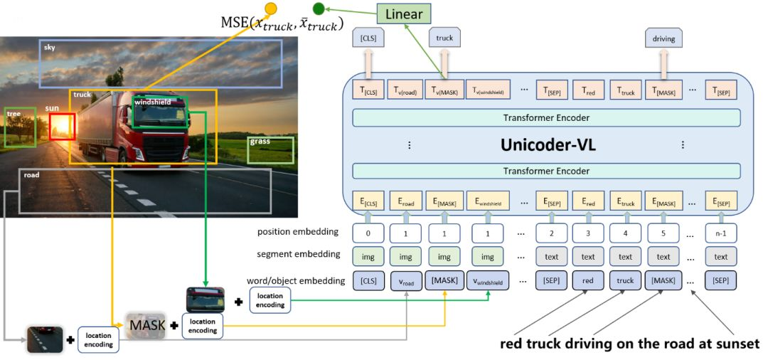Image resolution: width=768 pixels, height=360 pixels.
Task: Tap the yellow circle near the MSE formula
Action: [271, 9]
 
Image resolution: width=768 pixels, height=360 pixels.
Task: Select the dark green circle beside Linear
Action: [319, 9]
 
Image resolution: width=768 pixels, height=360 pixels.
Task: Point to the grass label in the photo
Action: [260, 142]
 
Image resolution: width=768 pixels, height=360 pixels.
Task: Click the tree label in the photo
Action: [14, 114]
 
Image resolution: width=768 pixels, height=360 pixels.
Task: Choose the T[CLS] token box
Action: [370, 90]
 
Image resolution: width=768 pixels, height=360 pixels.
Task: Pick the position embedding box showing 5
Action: [663, 233]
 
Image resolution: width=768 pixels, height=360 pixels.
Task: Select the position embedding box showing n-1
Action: [720, 233]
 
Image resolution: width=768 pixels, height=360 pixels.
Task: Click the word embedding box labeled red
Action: [587, 280]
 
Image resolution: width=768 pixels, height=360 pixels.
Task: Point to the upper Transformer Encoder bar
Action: [546, 118]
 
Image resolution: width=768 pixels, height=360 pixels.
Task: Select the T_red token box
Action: [587, 90]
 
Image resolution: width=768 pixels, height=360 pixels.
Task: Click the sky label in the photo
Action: [50, 47]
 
